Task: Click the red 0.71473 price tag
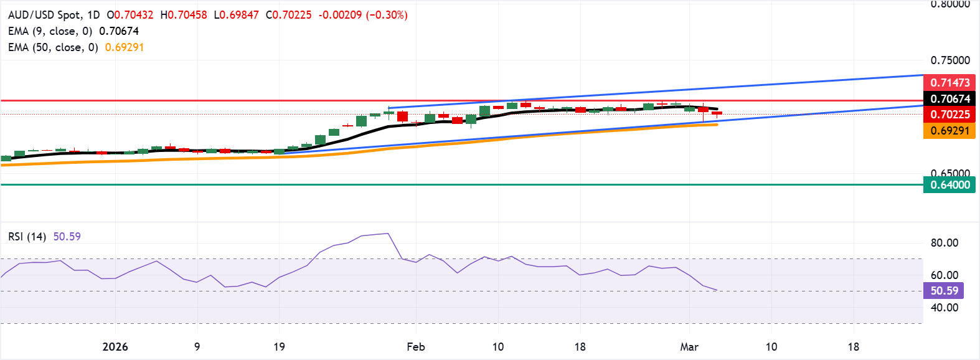click(x=949, y=83)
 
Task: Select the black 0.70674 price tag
click(x=949, y=99)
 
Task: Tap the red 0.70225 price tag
click(x=949, y=115)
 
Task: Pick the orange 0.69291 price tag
click(x=949, y=131)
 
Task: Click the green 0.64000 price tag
click(x=949, y=185)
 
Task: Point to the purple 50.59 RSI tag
click(x=944, y=291)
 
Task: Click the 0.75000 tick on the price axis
click(x=950, y=60)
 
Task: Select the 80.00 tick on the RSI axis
click(x=945, y=243)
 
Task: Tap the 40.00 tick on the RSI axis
click(x=945, y=308)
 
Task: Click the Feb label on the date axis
click(x=416, y=347)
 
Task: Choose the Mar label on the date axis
click(x=689, y=347)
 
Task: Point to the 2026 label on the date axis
click(x=115, y=347)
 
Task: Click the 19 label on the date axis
click(x=279, y=347)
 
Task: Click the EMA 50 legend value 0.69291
click(x=125, y=47)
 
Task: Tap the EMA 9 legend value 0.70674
click(x=119, y=31)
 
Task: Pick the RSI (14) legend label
click(x=27, y=237)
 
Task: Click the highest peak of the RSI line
click(x=388, y=234)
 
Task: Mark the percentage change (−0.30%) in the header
click(x=387, y=15)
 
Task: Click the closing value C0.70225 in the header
click(x=289, y=15)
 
